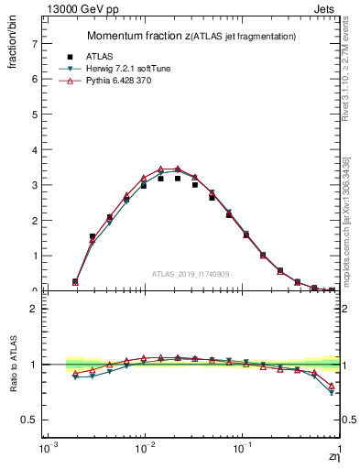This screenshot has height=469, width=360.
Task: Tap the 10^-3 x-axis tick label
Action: [x=46, y=451]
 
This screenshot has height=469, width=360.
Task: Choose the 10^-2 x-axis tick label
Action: [x=144, y=451]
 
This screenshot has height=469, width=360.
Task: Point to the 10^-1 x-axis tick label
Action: [x=242, y=451]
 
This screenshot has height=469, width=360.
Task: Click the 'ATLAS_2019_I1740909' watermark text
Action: [x=191, y=274]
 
